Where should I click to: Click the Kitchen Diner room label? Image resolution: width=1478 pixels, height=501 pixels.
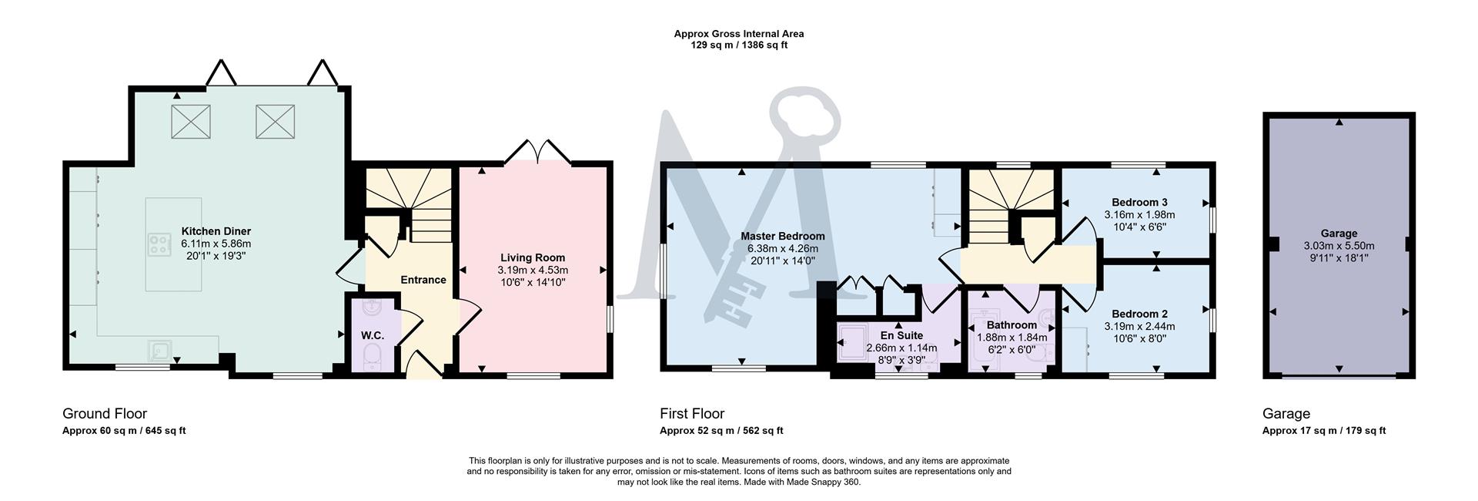(216, 231)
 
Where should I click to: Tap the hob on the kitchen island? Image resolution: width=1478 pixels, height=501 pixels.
(160, 245)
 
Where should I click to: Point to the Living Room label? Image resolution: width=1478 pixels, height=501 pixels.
(533, 257)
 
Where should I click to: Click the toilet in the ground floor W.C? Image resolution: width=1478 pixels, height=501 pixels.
(372, 357)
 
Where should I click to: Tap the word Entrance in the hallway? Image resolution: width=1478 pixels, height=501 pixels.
(423, 280)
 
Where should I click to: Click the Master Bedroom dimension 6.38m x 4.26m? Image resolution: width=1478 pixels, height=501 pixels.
(782, 248)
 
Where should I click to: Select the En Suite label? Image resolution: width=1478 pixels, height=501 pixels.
(901, 335)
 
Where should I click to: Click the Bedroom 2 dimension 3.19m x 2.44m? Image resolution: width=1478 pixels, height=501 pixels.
(1139, 326)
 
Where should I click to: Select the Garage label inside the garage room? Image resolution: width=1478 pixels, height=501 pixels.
(1339, 234)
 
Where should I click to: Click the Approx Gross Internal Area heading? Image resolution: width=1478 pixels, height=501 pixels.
(738, 34)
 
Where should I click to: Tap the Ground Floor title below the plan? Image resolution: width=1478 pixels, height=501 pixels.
(105, 414)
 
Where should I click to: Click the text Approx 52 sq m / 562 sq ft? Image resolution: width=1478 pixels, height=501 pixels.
(721, 431)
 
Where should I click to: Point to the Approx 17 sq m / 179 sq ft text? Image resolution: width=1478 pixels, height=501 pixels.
(1323, 431)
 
